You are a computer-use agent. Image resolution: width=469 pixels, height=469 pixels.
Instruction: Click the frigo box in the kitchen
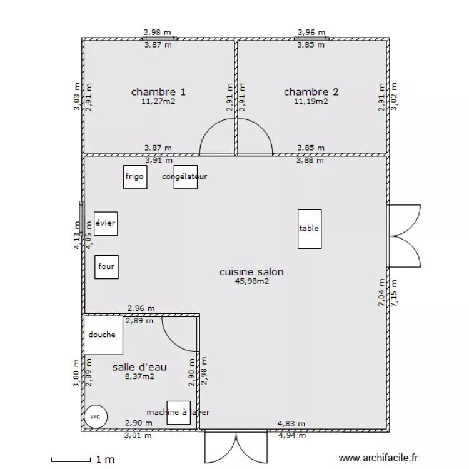[134, 177]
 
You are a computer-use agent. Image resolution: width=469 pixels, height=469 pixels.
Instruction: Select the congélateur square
[185, 177]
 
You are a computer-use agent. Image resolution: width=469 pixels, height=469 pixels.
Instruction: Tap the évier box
[105, 223]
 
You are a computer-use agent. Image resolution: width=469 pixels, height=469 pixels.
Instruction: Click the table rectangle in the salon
[309, 229]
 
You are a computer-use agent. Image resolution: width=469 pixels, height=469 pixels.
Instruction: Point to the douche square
[103, 335]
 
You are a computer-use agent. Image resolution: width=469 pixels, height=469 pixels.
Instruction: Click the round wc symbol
[96, 416]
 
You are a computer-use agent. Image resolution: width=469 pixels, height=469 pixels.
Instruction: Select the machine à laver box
[178, 413]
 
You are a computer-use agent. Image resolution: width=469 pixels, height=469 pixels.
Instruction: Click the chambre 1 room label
[158, 92]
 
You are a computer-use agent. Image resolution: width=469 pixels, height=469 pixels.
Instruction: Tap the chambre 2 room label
[311, 92]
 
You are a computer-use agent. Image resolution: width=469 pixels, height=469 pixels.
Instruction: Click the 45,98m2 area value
[251, 281]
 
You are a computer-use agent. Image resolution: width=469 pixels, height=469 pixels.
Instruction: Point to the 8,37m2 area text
[139, 376]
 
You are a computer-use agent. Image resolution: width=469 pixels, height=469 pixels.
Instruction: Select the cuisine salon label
[251, 272]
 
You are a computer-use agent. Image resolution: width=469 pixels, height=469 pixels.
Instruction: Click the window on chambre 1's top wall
[159, 38]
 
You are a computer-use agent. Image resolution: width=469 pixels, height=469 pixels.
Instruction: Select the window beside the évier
[81, 218]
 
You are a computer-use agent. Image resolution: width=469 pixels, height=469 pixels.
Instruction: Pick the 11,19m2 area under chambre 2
[311, 101]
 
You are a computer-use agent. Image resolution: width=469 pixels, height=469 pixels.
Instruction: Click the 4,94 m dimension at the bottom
[291, 436]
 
